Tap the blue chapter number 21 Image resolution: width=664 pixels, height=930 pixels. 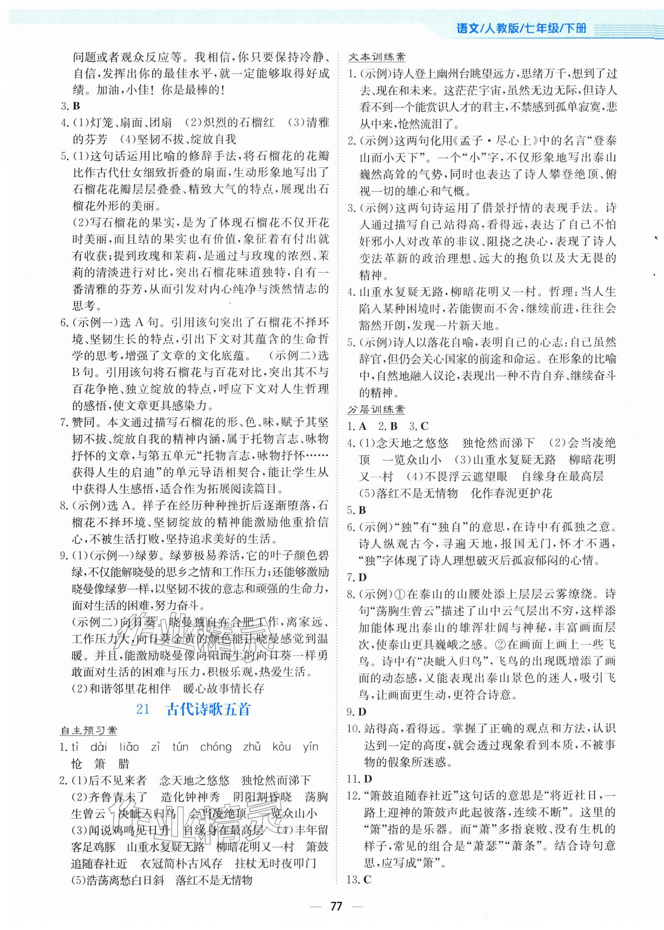(x=143, y=709)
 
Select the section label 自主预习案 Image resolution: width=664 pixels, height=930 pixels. (x=89, y=730)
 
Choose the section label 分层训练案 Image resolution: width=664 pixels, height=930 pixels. (x=376, y=409)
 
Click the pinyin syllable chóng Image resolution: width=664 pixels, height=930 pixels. (x=215, y=747)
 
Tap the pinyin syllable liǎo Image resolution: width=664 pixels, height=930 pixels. (x=129, y=747)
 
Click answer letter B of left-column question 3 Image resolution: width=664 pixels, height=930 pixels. (x=76, y=106)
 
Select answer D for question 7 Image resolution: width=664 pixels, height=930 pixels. (x=362, y=577)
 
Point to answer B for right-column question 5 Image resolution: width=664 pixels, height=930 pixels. (x=362, y=510)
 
